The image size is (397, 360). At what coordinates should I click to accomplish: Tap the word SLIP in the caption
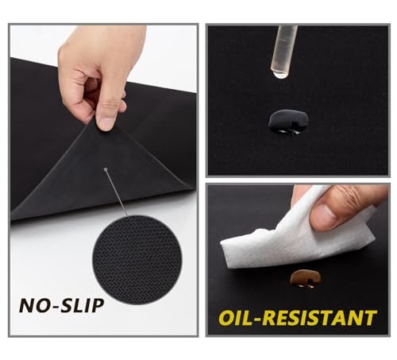pos(82,305)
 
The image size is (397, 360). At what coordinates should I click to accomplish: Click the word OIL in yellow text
pos(236,317)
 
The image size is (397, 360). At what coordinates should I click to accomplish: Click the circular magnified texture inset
pos(137,260)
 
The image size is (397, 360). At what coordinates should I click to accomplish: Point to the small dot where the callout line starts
pos(106,169)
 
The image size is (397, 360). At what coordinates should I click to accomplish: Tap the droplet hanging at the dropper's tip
pos(280,75)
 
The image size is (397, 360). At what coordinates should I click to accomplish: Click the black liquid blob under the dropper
pos(288,122)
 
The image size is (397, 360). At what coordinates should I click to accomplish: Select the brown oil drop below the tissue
pos(305,279)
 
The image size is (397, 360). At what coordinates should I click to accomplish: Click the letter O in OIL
pos(226,318)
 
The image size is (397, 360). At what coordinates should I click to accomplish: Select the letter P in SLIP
pos(97,305)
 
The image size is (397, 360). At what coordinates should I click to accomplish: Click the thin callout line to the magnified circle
pos(117,193)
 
